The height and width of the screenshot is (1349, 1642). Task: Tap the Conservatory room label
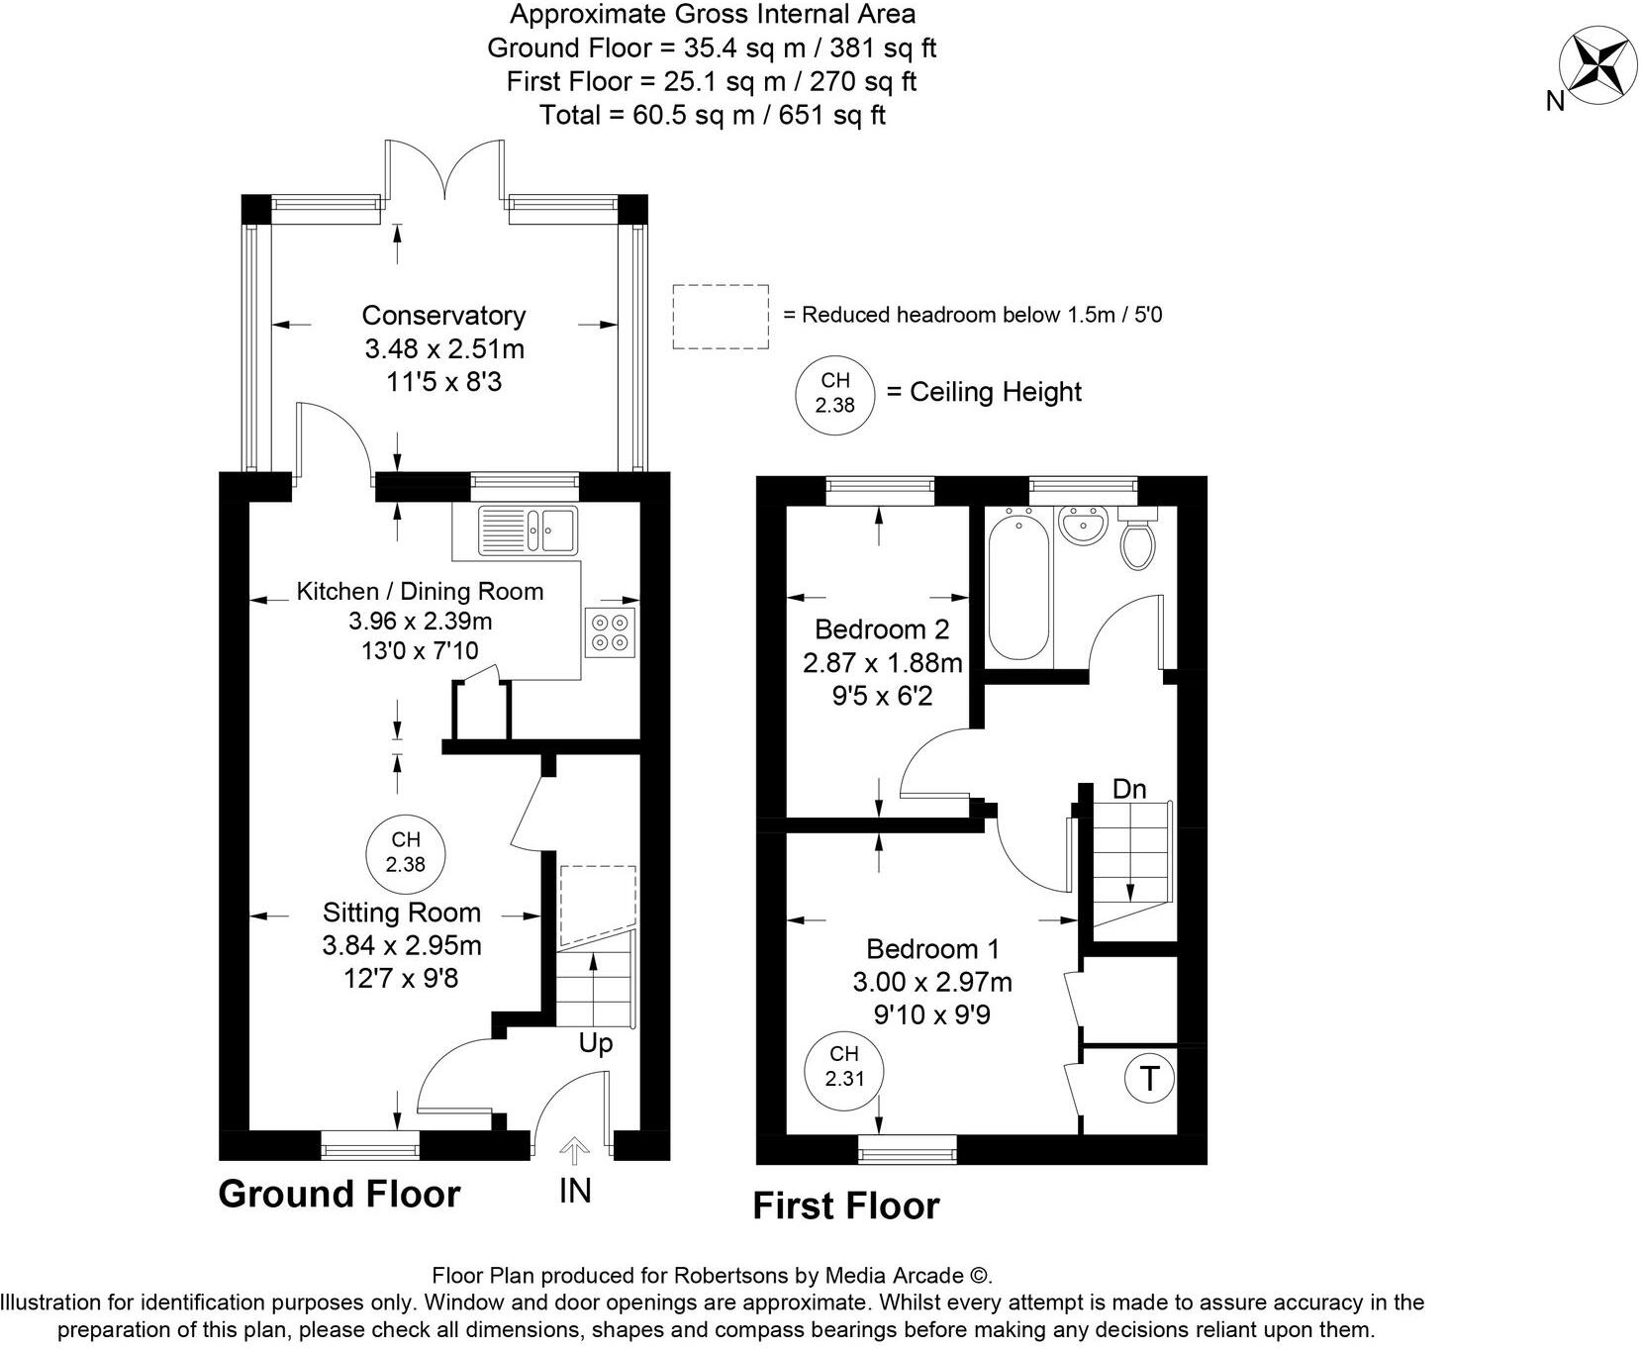click(443, 316)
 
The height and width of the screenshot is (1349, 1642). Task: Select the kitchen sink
click(528, 530)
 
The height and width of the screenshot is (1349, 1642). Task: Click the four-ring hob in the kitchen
click(610, 632)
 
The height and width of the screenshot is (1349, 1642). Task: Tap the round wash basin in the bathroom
click(1084, 525)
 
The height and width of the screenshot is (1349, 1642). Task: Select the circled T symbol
click(1149, 1078)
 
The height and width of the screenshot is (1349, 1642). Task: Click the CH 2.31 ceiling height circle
click(844, 1067)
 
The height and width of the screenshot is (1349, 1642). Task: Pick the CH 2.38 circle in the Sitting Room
click(406, 852)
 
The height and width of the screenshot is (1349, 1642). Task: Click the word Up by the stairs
click(596, 1043)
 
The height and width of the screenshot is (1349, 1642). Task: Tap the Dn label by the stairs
click(1129, 789)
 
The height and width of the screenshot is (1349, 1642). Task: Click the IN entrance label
click(575, 1191)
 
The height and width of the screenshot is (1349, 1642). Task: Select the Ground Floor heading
click(339, 1195)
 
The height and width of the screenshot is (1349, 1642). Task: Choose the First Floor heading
click(846, 1206)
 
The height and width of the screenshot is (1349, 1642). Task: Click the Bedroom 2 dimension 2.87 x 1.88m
click(883, 662)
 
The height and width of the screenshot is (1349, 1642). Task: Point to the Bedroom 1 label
click(932, 949)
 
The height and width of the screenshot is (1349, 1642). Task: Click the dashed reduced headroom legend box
click(721, 317)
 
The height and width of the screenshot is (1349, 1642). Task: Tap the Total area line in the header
click(712, 115)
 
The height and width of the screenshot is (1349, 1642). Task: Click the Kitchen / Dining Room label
click(420, 592)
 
